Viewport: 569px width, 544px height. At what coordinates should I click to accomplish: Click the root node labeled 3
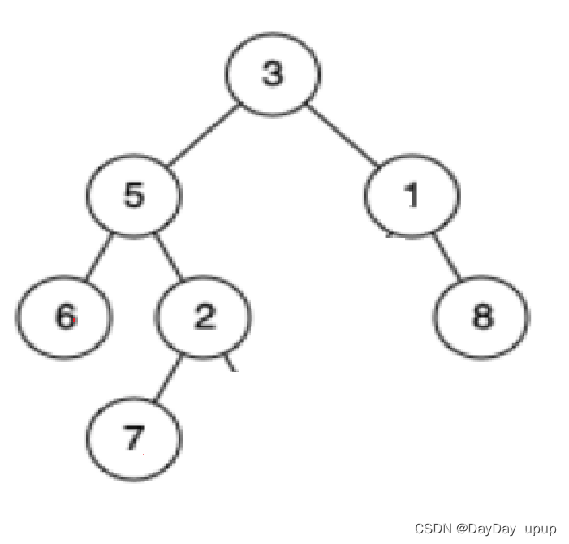(x=273, y=74)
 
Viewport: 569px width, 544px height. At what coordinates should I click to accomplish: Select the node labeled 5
(x=134, y=196)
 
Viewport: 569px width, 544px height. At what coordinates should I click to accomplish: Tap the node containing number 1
(x=412, y=196)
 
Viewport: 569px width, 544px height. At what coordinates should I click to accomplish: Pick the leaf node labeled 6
(x=63, y=317)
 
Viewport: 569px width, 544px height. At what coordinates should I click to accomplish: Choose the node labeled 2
(x=204, y=317)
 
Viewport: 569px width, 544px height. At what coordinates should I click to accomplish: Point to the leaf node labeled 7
(x=134, y=438)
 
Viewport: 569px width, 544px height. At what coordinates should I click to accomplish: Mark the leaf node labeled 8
(x=482, y=317)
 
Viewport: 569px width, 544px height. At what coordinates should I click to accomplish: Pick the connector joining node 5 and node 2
(x=170, y=257)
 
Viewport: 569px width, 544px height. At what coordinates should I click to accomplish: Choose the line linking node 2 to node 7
(x=169, y=378)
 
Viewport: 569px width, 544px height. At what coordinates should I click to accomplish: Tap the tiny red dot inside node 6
(x=75, y=322)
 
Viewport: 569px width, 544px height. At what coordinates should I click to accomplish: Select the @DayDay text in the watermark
(x=485, y=529)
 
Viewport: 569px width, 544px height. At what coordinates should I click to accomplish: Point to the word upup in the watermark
(x=541, y=529)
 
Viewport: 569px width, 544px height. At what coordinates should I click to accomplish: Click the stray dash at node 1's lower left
(x=390, y=236)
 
